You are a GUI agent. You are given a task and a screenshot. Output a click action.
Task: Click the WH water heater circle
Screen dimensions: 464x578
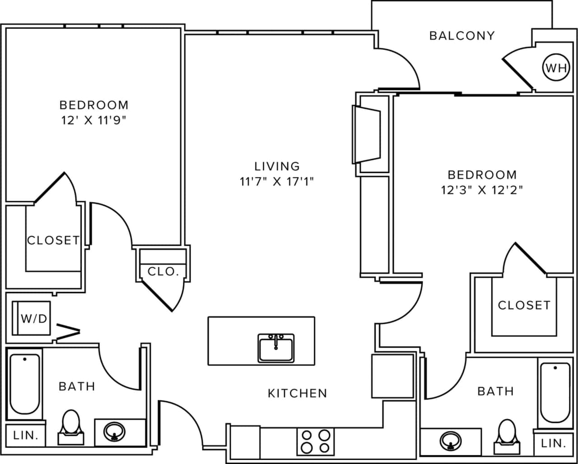point(555,68)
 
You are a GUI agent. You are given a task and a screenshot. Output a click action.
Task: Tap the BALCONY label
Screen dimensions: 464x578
point(462,36)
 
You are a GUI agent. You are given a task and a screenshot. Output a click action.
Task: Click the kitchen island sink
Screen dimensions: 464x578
point(276,348)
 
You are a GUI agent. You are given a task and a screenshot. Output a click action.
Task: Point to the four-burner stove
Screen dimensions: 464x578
point(316,441)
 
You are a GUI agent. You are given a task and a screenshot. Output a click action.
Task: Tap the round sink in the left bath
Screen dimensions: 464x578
point(115,432)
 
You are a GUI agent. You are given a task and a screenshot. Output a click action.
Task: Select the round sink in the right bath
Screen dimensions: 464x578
point(450,441)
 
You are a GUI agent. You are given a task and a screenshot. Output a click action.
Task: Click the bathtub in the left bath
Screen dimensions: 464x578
point(25,384)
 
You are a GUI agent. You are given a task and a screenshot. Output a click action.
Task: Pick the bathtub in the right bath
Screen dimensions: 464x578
point(555,392)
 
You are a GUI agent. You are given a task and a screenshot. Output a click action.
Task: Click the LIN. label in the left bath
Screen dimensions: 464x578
point(25,436)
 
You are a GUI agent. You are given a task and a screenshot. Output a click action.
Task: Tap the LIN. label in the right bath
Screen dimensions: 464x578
point(554,443)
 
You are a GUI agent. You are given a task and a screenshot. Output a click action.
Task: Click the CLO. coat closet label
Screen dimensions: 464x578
point(163,271)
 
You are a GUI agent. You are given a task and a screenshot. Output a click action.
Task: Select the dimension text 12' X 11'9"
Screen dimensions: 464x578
point(94,120)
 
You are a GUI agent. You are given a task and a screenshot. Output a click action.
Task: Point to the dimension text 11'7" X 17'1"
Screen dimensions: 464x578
point(277,182)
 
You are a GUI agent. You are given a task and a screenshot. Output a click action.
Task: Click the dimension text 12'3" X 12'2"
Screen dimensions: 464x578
point(482,190)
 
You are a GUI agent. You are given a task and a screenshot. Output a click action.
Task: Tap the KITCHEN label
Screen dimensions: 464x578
point(297,393)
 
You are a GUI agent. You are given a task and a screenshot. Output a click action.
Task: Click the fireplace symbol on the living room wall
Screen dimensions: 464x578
point(367,134)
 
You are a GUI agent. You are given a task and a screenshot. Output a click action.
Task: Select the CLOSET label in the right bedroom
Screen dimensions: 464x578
point(524,305)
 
